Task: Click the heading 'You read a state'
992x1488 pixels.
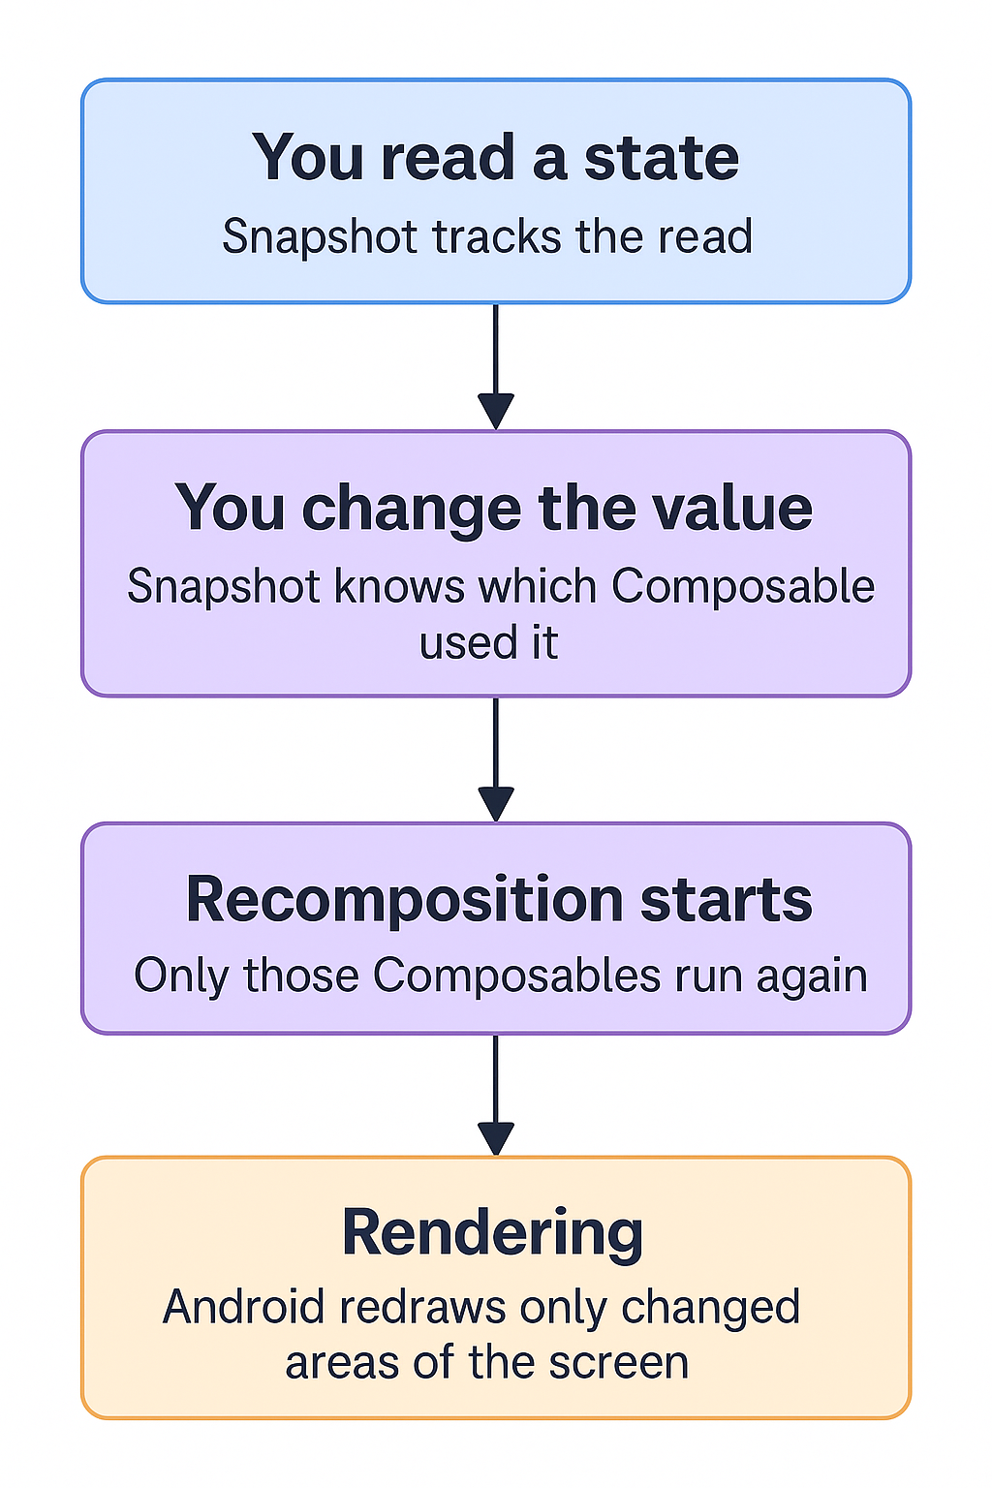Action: click(495, 157)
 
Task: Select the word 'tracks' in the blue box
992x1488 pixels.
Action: click(499, 236)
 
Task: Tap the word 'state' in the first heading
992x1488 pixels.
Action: click(661, 157)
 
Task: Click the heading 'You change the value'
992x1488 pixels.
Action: click(494, 508)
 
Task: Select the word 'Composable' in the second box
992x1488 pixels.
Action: click(743, 586)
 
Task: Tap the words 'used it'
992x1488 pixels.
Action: click(489, 643)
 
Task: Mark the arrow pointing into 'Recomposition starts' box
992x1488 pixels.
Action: click(495, 759)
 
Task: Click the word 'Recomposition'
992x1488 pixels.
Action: click(404, 899)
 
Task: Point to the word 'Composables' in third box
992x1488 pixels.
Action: click(517, 976)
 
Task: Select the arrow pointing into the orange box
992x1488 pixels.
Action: click(495, 1095)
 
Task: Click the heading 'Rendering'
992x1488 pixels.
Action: click(492, 1232)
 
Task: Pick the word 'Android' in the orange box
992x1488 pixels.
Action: click(244, 1307)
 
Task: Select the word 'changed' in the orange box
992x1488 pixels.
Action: click(710, 1307)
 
